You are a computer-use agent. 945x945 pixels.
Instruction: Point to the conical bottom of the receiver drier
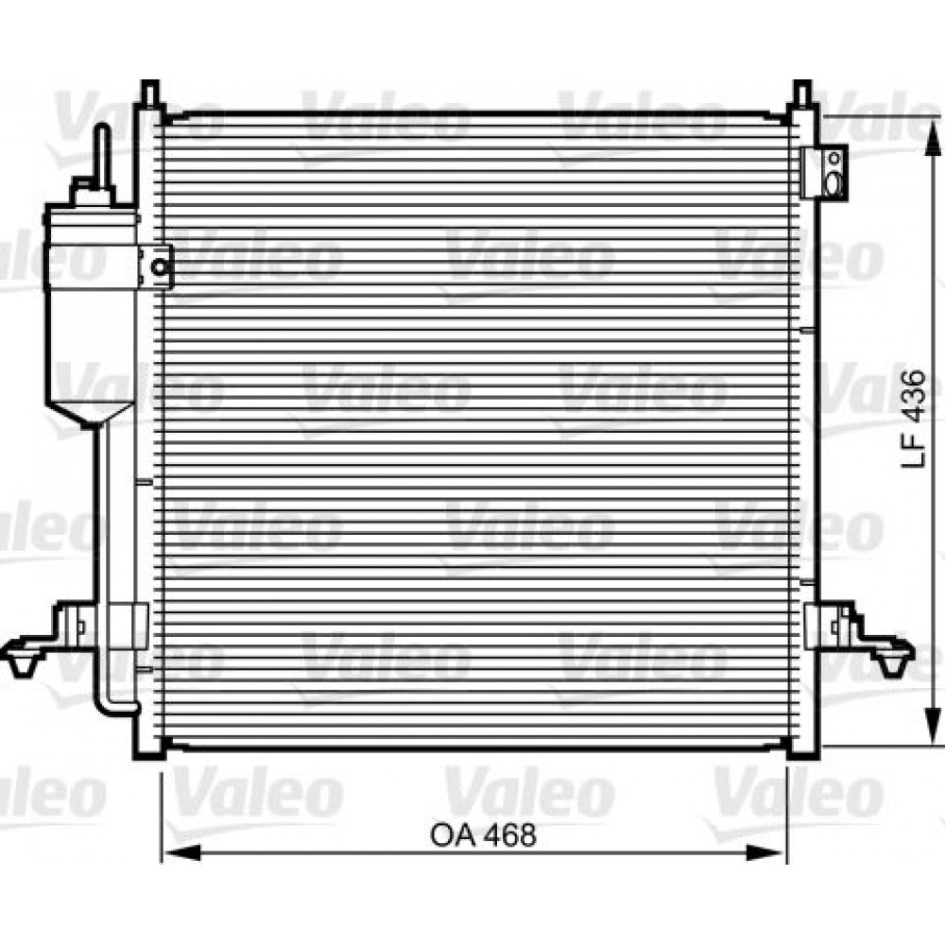[x=93, y=411]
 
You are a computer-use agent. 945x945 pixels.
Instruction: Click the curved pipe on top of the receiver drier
[x=100, y=156]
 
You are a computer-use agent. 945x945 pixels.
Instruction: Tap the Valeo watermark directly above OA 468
[x=529, y=794]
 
